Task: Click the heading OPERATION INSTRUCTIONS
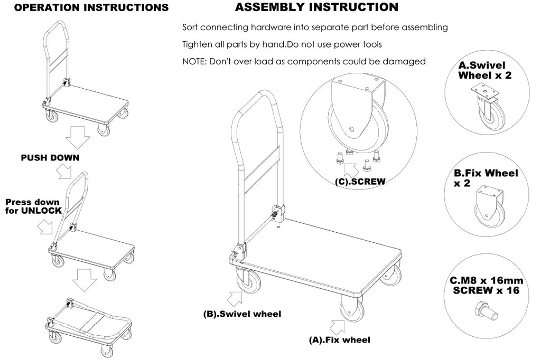[85, 8]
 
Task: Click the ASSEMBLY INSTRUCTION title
[316, 7]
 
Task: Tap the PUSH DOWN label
[50, 158]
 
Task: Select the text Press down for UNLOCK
[32, 206]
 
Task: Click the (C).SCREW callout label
[360, 181]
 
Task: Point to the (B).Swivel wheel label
[242, 314]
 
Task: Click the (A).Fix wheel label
[339, 340]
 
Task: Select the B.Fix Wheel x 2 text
[486, 178]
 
